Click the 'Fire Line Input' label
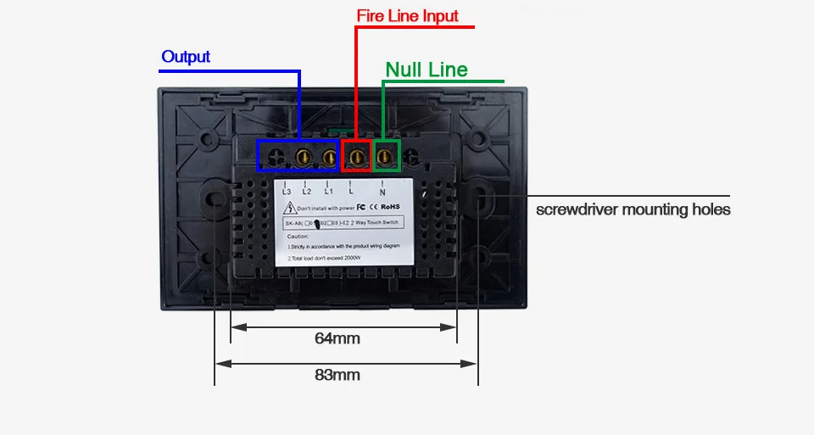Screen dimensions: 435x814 pyautogui.click(x=395, y=16)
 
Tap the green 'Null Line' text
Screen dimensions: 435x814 pyautogui.click(x=426, y=70)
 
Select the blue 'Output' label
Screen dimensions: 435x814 pyautogui.click(x=186, y=57)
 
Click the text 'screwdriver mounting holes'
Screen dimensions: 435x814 pyautogui.click(x=633, y=209)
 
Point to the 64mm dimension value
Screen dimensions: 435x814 pyautogui.click(x=337, y=338)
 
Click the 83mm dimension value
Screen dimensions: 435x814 pyautogui.click(x=337, y=375)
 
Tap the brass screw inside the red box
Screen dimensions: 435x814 pyautogui.click(x=356, y=155)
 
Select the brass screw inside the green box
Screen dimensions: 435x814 pyautogui.click(x=386, y=155)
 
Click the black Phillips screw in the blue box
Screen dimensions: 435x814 pyautogui.click(x=276, y=156)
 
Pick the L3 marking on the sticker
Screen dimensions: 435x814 pyautogui.click(x=287, y=191)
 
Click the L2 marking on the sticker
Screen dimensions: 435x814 pyautogui.click(x=307, y=191)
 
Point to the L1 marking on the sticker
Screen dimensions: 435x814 pyautogui.click(x=327, y=191)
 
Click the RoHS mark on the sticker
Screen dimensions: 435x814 pyautogui.click(x=390, y=205)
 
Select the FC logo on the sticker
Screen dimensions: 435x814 pyautogui.click(x=360, y=205)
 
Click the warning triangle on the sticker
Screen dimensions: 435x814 pyautogui.click(x=289, y=206)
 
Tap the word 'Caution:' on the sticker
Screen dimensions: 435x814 pyautogui.click(x=298, y=236)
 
